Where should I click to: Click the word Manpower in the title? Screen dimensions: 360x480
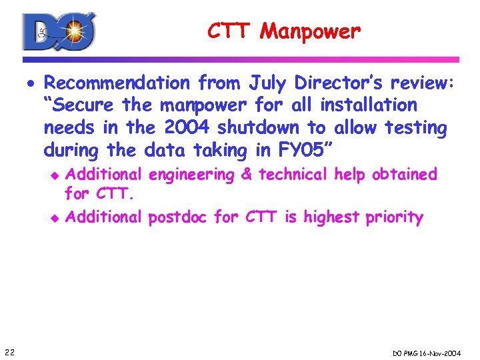click(x=311, y=31)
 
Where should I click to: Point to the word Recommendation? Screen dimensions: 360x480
click(x=117, y=83)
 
